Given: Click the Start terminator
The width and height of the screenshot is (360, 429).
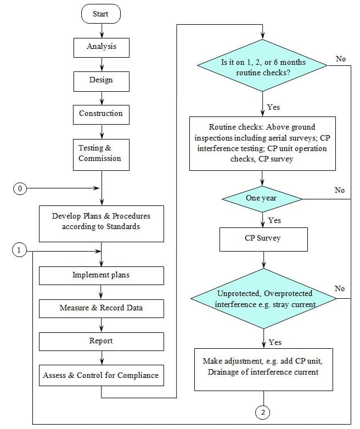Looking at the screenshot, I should click(101, 14).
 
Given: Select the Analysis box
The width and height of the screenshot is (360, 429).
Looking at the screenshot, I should click(102, 47).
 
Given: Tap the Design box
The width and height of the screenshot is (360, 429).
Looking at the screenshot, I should click(102, 80).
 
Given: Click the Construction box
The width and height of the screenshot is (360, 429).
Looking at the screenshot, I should click(101, 114).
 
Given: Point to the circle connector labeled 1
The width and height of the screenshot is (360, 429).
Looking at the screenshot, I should click(20, 250).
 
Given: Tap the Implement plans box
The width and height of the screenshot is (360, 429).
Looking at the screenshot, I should click(101, 275).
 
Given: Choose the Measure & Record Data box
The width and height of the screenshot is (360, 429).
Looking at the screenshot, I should click(101, 308).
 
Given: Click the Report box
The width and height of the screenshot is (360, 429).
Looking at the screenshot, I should click(101, 341).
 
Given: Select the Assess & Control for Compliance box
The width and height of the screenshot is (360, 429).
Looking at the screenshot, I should click(101, 376).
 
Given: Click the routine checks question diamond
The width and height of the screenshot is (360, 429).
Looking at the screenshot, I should click(263, 67).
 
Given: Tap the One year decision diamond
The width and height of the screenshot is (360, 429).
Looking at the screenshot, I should click(262, 198).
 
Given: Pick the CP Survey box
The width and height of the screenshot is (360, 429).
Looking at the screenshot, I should click(263, 239).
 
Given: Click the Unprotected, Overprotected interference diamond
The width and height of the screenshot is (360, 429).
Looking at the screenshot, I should click(263, 299).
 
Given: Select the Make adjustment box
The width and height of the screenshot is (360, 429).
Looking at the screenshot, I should click(263, 367).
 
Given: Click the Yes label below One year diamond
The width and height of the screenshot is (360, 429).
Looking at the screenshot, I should click(274, 220).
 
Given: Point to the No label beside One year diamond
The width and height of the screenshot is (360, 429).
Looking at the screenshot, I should click(340, 190).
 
